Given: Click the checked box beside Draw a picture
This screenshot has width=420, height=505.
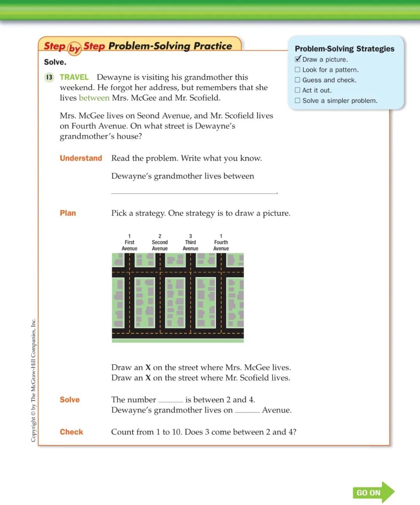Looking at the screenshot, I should [298, 59].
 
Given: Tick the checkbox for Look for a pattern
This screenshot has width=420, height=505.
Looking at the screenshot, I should [297, 70].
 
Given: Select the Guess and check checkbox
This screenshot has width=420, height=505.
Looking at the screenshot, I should [297, 80].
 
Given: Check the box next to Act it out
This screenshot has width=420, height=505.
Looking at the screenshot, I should [297, 90].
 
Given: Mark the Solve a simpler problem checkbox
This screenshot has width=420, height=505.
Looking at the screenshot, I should [297, 100].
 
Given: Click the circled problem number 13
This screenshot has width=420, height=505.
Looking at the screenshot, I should [49, 77].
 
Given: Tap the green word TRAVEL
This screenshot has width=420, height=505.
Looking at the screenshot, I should [74, 77].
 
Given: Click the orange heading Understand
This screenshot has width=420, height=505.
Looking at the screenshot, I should [81, 158].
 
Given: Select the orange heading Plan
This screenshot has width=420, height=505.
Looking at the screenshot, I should [68, 213].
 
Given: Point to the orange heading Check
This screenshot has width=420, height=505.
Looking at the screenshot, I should [72, 432].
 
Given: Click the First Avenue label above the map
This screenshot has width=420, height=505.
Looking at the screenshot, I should [129, 245].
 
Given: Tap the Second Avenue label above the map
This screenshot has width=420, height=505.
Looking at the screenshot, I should [160, 245].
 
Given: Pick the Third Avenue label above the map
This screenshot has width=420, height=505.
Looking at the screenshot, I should [191, 245].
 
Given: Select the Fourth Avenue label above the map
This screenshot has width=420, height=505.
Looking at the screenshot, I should [221, 245].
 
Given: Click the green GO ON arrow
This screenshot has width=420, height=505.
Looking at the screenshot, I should [373, 493].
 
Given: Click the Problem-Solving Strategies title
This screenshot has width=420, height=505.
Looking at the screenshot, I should [345, 49].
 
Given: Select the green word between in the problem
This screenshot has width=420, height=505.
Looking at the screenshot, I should [94, 98].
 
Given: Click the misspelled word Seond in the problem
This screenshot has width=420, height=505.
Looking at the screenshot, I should [148, 116].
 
